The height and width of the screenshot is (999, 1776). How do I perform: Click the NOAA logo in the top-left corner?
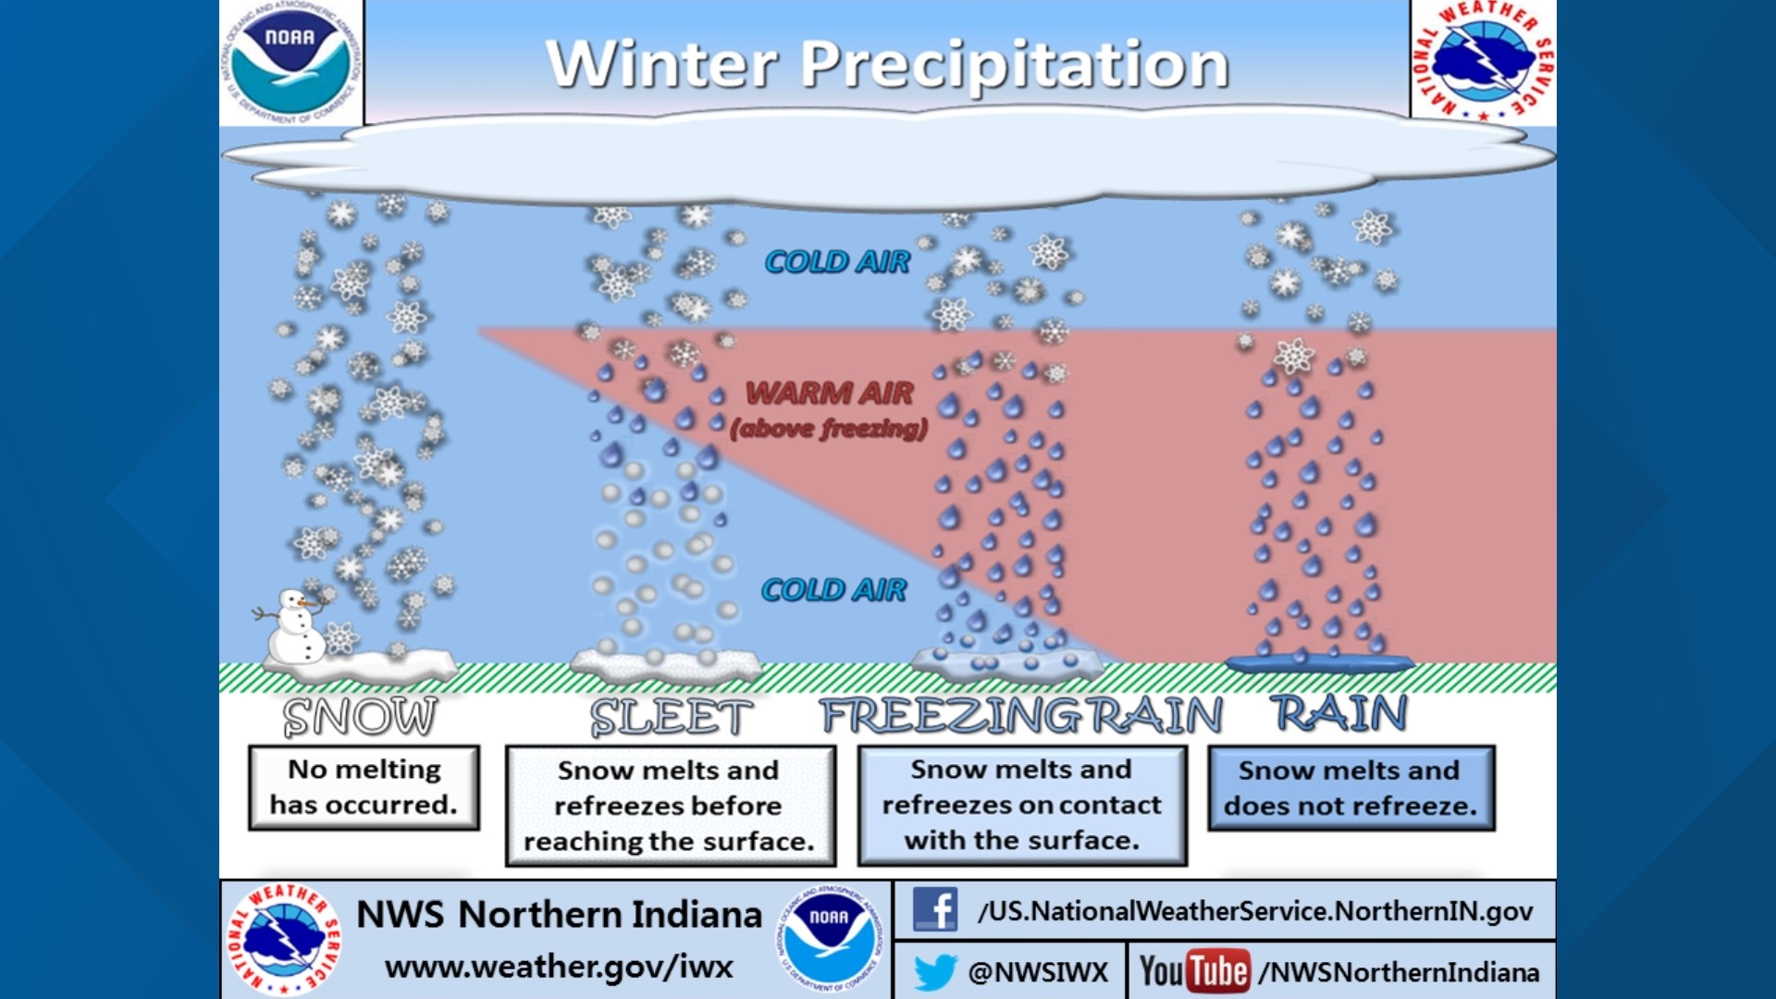pyautogui.click(x=290, y=63)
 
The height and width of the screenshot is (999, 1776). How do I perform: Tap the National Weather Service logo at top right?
pyautogui.click(x=1484, y=61)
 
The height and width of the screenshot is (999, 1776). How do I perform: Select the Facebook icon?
pyautogui.click(x=934, y=910)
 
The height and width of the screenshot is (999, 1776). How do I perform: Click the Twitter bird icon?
pyautogui.click(x=934, y=972)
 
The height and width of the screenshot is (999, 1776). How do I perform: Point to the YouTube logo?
pyautogui.click(x=1194, y=971)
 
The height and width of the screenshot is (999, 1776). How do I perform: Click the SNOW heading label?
pyautogui.click(x=360, y=717)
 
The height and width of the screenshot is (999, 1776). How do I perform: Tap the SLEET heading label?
pyautogui.click(x=671, y=718)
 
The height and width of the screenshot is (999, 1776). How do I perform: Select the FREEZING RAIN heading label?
pyautogui.click(x=1020, y=716)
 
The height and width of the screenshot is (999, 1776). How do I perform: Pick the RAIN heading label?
pyautogui.click(x=1338, y=714)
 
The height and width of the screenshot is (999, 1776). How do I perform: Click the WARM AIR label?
pyautogui.click(x=830, y=394)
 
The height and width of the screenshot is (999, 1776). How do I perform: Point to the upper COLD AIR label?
pyautogui.click(x=837, y=263)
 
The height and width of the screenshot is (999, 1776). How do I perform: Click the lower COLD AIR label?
pyautogui.click(x=833, y=590)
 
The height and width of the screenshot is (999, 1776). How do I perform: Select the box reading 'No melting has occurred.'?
pyautogui.click(x=364, y=787)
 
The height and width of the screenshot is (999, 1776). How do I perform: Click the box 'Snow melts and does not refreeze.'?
pyautogui.click(x=1350, y=788)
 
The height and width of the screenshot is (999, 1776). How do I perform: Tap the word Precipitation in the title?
pyautogui.click(x=1015, y=65)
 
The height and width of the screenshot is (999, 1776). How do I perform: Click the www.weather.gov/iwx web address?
pyautogui.click(x=559, y=968)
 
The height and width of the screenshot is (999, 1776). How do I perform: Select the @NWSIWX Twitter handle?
pyautogui.click(x=1037, y=972)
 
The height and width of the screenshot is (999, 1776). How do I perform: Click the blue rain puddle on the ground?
pyautogui.click(x=1320, y=662)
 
